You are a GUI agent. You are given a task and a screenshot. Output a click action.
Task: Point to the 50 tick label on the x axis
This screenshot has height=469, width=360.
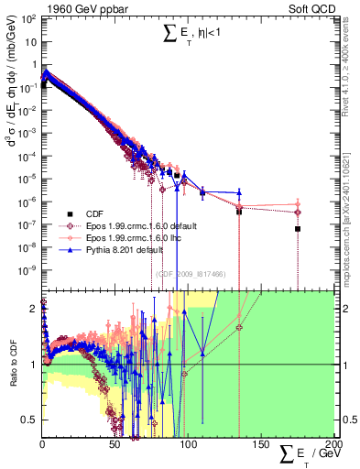(115, 442)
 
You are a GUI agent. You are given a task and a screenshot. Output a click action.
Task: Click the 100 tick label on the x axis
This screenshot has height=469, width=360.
(188, 442)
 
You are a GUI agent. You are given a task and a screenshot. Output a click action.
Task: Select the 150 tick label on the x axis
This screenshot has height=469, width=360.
(260, 442)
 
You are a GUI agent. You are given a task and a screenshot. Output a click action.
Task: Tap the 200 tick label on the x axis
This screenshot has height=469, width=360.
(333, 442)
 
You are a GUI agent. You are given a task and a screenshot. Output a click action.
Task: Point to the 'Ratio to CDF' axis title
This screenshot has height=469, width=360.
(13, 365)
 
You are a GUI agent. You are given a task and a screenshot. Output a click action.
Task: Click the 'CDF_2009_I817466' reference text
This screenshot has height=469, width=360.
(193, 274)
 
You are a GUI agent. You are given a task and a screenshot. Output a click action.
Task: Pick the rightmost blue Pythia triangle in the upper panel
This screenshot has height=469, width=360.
(239, 192)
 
